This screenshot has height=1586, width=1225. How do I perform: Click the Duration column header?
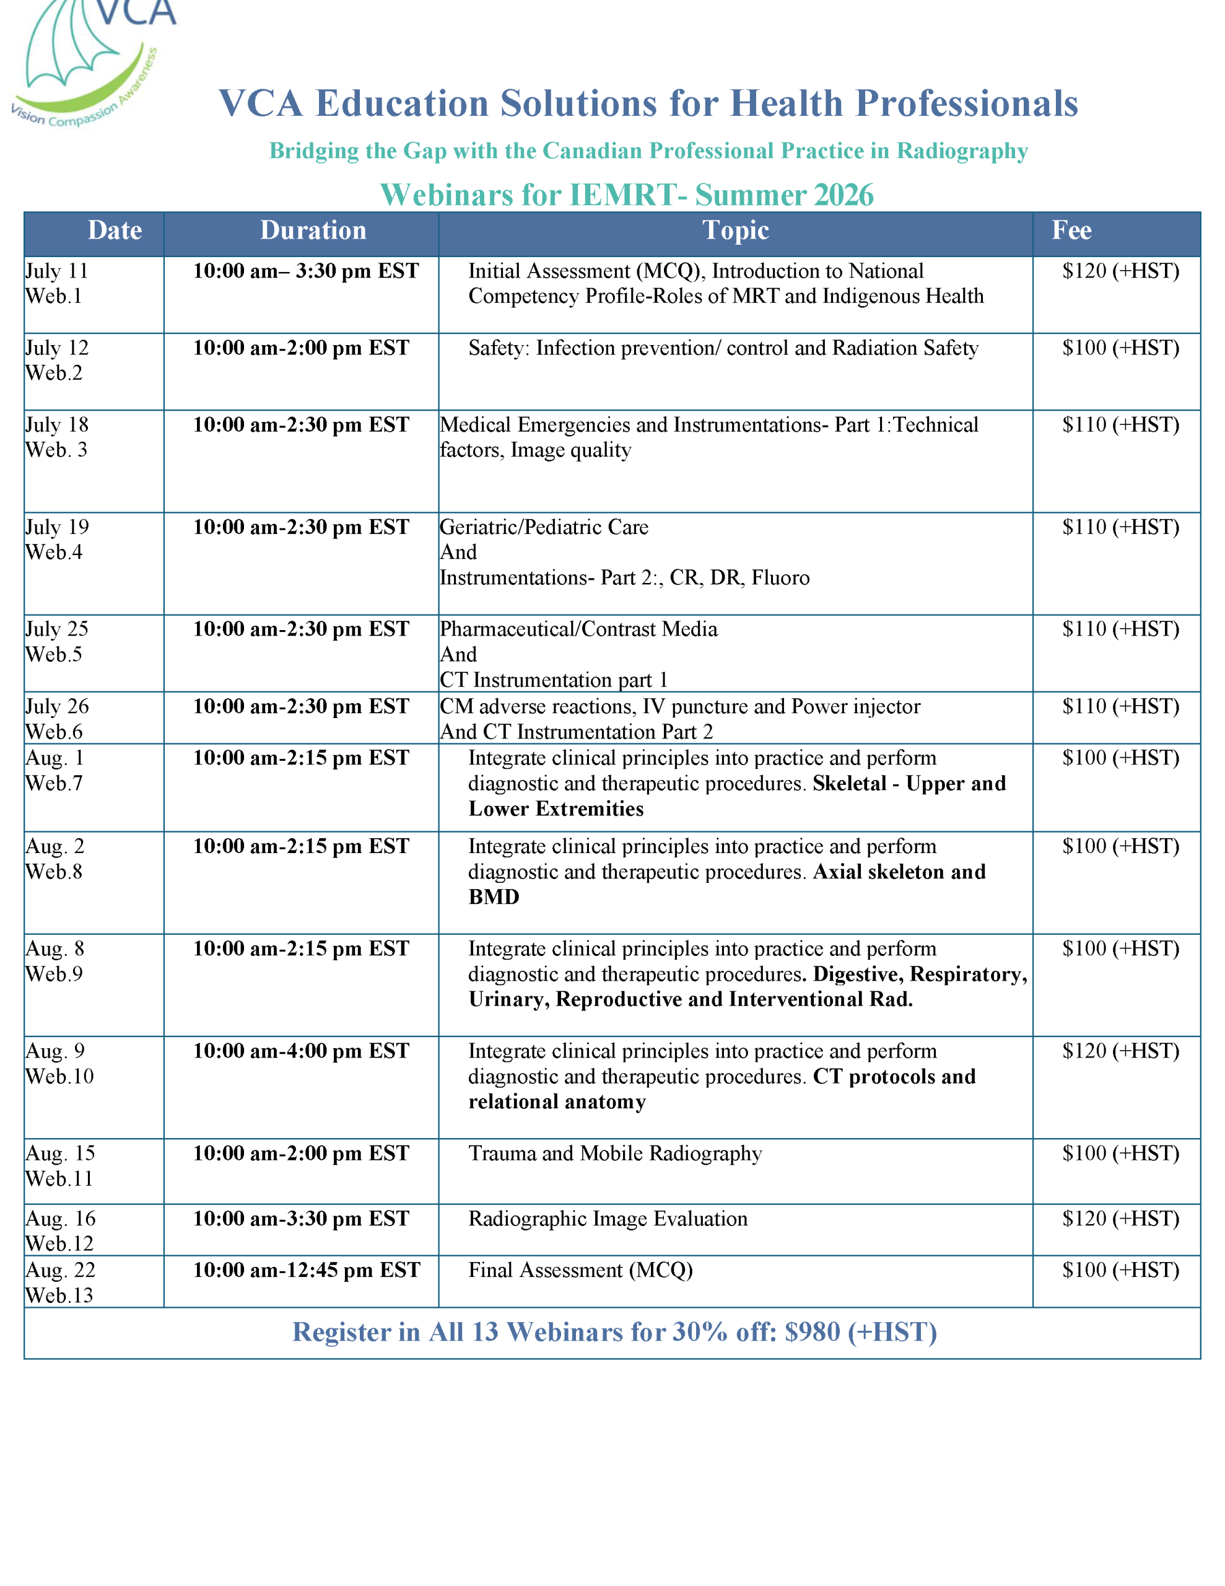point(313,231)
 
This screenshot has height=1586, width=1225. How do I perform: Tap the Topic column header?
point(735,231)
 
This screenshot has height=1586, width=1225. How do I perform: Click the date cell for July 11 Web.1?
point(56,283)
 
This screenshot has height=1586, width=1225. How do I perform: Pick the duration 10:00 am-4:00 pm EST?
point(300,1051)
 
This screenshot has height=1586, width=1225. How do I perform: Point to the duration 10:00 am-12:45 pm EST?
point(306,1270)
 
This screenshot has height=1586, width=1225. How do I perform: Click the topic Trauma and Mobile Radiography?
point(614,1153)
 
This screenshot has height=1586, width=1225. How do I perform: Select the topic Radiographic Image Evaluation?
point(607,1219)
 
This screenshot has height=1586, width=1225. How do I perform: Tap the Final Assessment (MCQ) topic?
point(580,1270)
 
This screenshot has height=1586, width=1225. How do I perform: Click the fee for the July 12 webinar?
point(1120,348)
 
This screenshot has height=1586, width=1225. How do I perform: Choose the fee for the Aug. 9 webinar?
point(1120,1051)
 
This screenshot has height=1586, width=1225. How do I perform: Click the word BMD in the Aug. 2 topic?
point(494,898)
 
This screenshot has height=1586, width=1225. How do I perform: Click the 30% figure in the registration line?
point(699,1333)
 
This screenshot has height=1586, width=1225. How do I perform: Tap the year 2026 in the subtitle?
point(843,195)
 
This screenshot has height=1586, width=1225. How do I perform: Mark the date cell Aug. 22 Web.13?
point(59,1282)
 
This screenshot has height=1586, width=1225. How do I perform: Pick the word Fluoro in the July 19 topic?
point(780,578)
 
